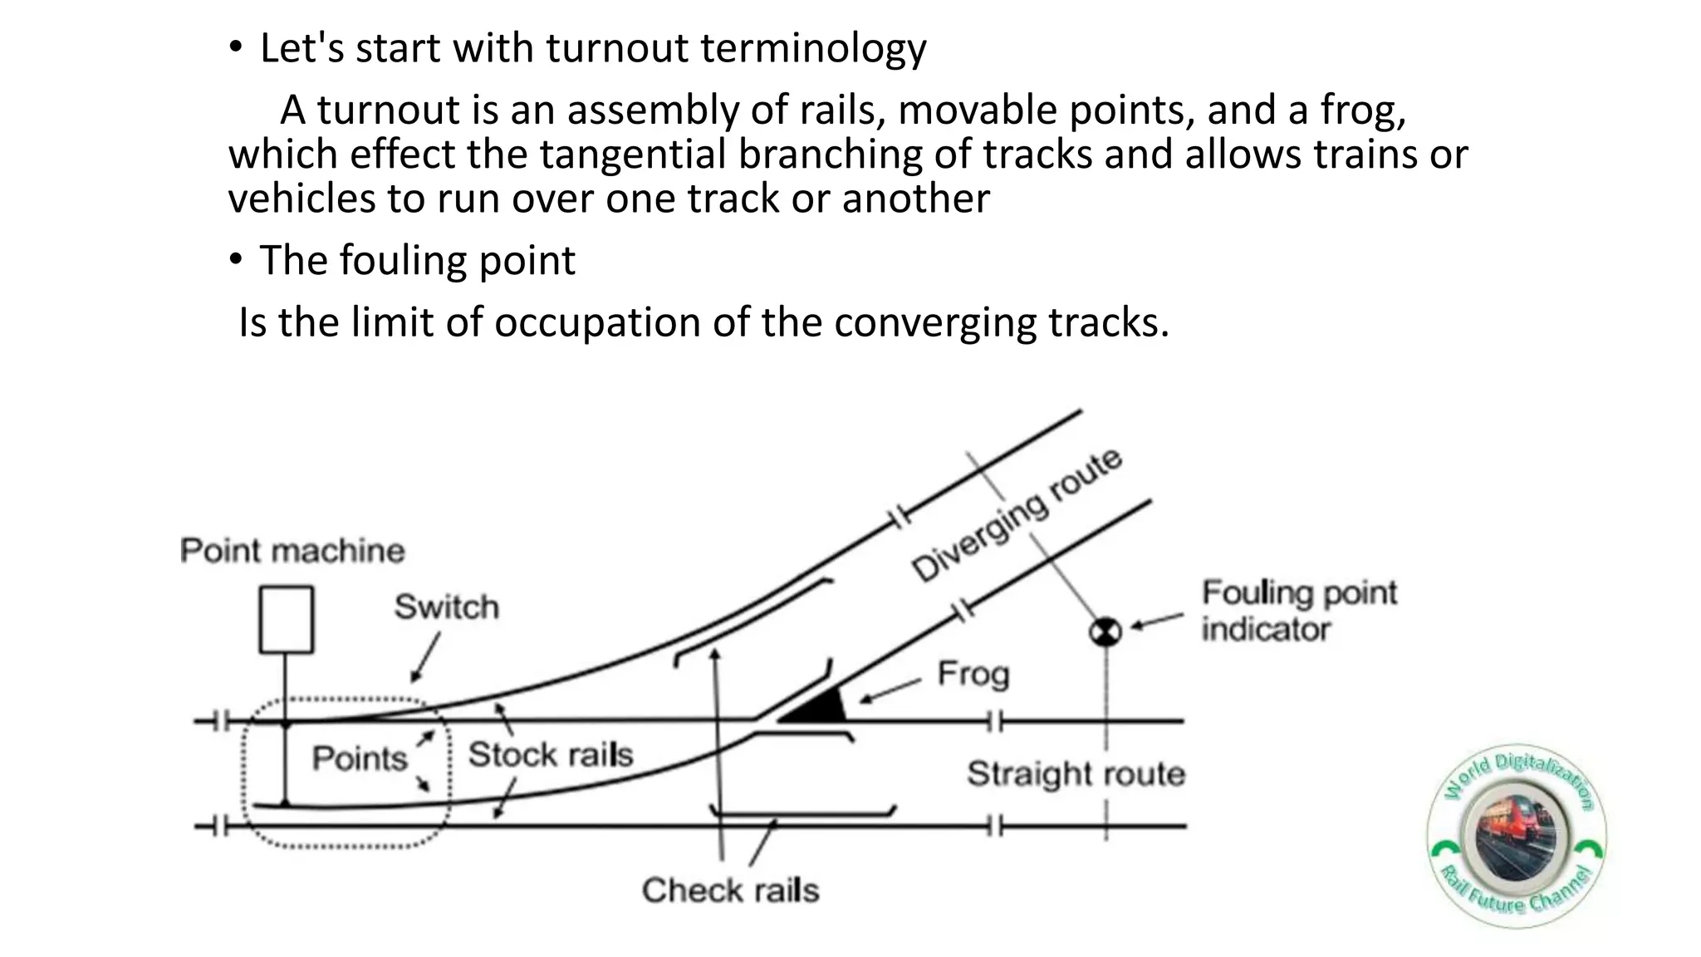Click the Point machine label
tap(292, 551)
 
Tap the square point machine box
tap(287, 620)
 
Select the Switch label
tap(447, 607)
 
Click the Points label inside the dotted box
tap(360, 758)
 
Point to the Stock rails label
tap(550, 754)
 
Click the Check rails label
tap(730, 891)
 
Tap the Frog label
tap(973, 674)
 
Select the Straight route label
tap(1076, 774)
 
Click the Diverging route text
tap(1017, 515)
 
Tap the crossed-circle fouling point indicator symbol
tap(1105, 632)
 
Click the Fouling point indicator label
tap(1299, 611)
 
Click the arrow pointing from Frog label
tap(890, 690)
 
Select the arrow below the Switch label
tap(426, 657)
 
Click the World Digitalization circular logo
tap(1517, 836)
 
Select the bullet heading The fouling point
tap(417, 261)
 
